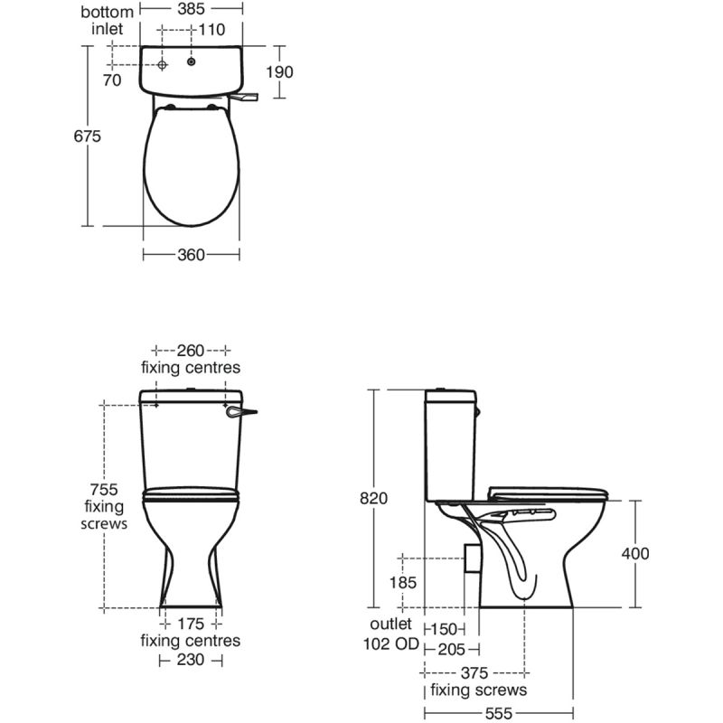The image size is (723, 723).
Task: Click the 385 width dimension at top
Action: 191,9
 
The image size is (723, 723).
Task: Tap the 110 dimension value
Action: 211,30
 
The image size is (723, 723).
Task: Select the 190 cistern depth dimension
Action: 279,72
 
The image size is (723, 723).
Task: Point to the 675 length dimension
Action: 87,136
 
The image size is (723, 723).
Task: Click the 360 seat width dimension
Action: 191,255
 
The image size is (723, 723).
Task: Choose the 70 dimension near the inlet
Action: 111,80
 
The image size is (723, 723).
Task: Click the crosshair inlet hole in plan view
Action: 162,65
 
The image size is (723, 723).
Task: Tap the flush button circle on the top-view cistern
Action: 192,61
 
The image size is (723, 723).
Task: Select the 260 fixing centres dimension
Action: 191,351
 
